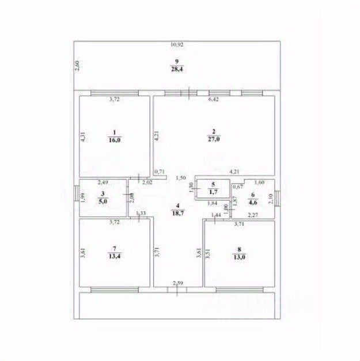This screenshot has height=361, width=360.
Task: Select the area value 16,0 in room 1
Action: pyautogui.click(x=113, y=140)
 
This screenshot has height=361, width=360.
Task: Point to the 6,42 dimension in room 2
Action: pyautogui.click(x=214, y=100)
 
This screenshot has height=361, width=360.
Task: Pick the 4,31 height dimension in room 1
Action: pyautogui.click(x=83, y=138)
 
